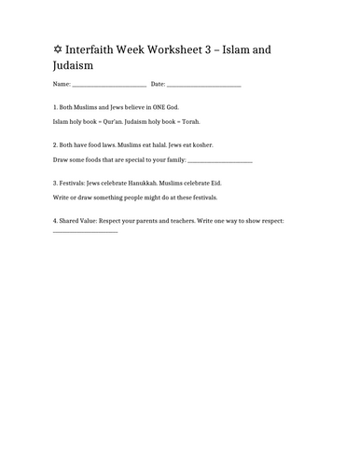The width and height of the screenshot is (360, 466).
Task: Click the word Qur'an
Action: click(x=121, y=121)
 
